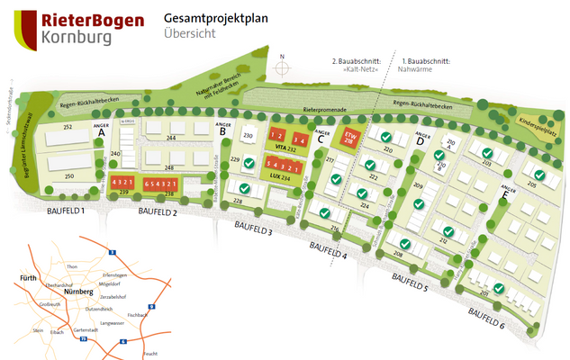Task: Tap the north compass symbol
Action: [x=284, y=68]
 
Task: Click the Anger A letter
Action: [x=101, y=133]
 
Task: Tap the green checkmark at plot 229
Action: [x=249, y=161]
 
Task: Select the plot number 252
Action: [x=67, y=129]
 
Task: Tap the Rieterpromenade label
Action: [x=325, y=110]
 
